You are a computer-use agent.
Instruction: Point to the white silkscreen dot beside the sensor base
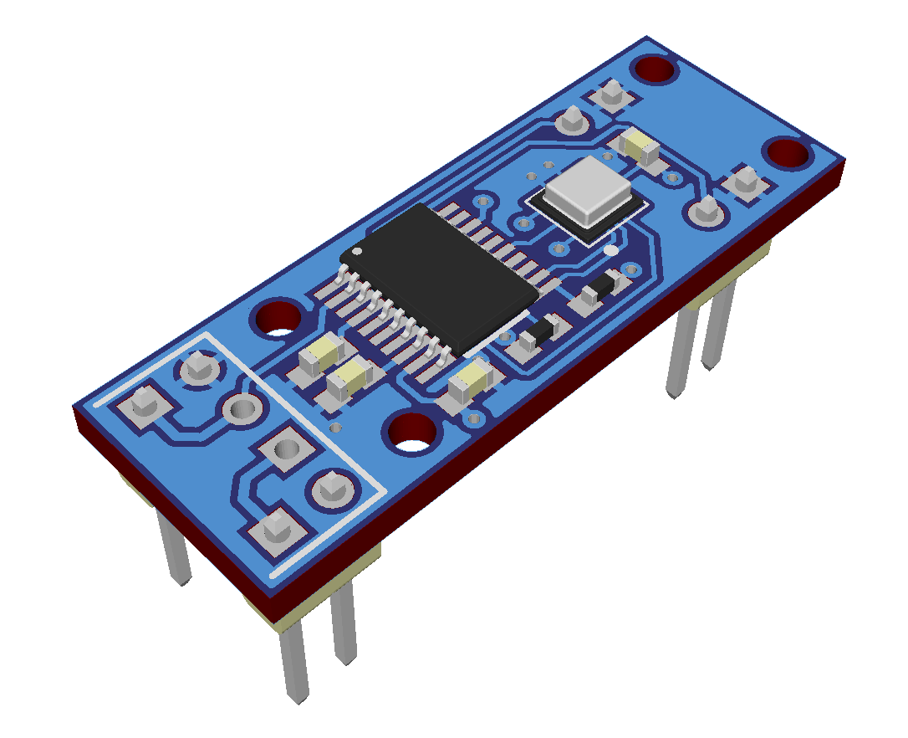[610, 250]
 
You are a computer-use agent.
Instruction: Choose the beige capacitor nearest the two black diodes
[471, 382]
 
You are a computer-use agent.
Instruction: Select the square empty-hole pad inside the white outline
[284, 452]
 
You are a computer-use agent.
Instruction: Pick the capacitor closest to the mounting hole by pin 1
[319, 359]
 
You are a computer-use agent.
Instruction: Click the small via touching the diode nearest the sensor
[631, 270]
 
